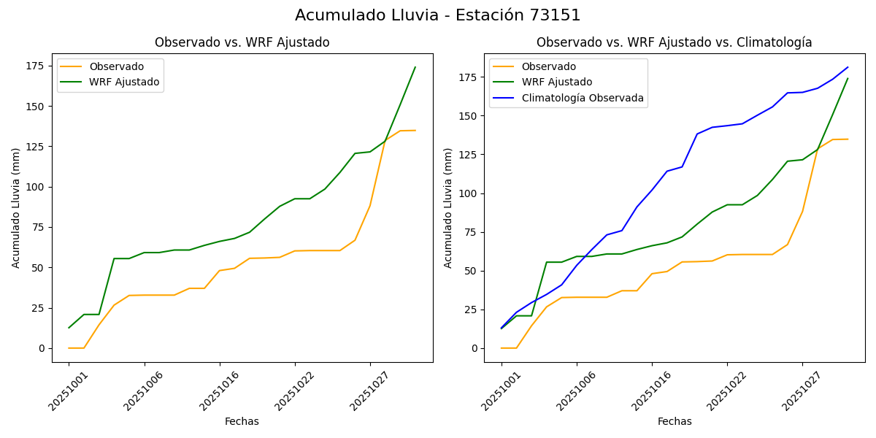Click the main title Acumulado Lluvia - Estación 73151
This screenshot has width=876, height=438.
click(438, 15)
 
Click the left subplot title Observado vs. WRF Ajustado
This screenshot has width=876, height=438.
click(242, 42)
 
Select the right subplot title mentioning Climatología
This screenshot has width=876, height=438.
click(674, 42)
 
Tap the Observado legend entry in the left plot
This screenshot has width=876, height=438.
click(116, 66)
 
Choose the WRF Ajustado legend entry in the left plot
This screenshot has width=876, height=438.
click(124, 82)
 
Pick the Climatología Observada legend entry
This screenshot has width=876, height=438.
click(583, 98)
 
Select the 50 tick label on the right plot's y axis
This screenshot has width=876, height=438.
click(471, 271)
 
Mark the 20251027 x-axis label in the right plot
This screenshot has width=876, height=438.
click(799, 391)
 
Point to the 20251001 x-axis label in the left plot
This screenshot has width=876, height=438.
click(66, 391)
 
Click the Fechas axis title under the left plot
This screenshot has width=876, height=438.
click(242, 421)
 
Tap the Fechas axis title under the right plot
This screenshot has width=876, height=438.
click(675, 421)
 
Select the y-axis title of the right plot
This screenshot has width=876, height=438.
click(448, 208)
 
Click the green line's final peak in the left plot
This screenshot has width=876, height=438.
click(415, 67)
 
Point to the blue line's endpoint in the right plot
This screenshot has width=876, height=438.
click(848, 67)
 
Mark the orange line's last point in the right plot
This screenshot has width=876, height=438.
click(848, 139)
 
